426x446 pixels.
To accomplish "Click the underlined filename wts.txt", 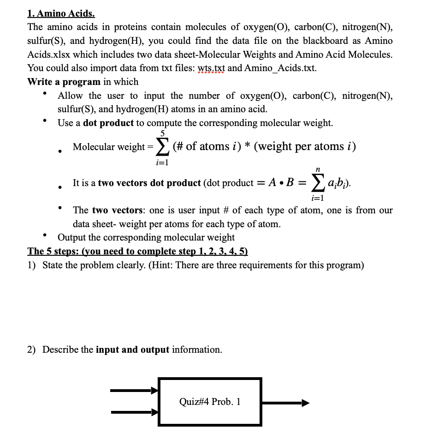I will coord(211,68).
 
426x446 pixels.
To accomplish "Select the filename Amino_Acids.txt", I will coord(280,68).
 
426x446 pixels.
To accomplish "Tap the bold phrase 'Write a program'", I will coord(64,82).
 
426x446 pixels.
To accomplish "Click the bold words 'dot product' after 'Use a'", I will coord(108,123).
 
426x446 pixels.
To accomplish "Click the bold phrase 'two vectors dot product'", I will coord(149,183).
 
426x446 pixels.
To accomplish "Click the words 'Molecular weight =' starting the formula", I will coord(112,147).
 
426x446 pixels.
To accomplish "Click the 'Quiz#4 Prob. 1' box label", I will coord(210,402).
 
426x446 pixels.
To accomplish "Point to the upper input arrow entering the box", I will coord(134,391).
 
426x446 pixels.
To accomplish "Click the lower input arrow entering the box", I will coord(134,411).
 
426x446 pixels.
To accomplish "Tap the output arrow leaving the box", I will coord(285,403).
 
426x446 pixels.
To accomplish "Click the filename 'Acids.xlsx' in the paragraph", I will coord(47,54).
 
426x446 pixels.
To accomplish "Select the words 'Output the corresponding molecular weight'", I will coord(146,237).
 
